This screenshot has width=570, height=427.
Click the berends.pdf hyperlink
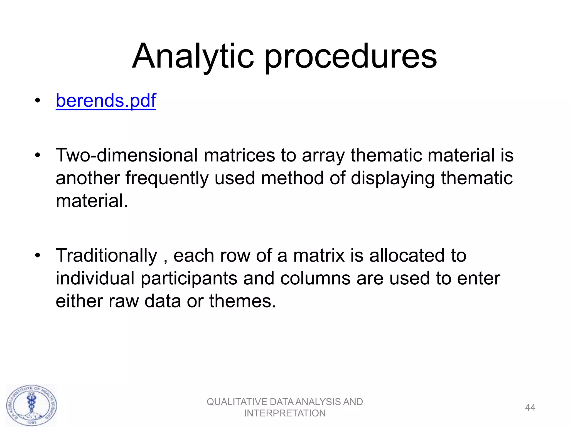(106, 101)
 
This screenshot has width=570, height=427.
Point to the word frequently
(167, 178)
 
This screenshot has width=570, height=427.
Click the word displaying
(393, 178)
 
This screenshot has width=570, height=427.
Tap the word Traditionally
(106, 256)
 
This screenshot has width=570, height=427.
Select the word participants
(189, 279)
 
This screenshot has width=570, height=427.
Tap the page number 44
(530, 408)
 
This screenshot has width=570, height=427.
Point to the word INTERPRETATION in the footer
(285, 413)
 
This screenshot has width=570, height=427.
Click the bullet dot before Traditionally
(38, 255)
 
